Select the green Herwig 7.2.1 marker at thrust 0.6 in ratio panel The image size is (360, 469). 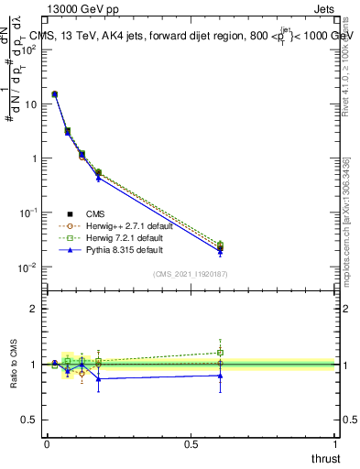[220, 352]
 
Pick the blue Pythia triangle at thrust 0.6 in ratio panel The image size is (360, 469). [220, 375]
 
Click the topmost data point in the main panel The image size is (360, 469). [55, 93]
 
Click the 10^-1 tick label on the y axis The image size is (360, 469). [28, 213]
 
